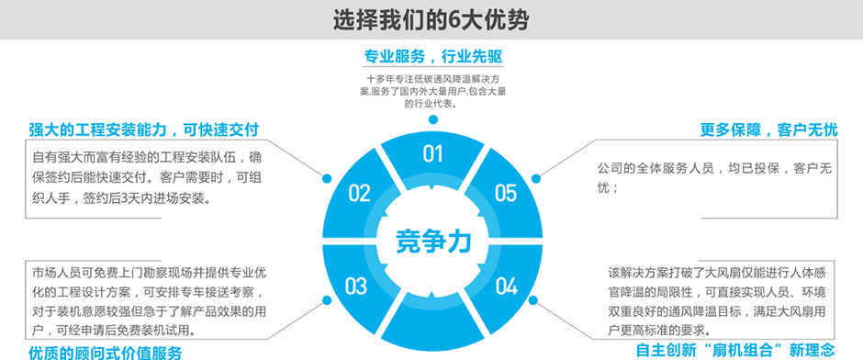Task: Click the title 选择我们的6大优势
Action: [x=431, y=18]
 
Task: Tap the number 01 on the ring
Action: [x=432, y=153]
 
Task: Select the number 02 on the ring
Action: [x=359, y=193]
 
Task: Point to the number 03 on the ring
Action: [x=356, y=287]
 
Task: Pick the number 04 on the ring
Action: [x=507, y=287]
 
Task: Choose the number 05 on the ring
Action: [x=506, y=193]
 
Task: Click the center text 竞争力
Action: [x=432, y=241]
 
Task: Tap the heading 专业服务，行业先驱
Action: [x=432, y=56]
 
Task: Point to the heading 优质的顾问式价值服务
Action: [x=105, y=352]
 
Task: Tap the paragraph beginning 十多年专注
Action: [x=432, y=91]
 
